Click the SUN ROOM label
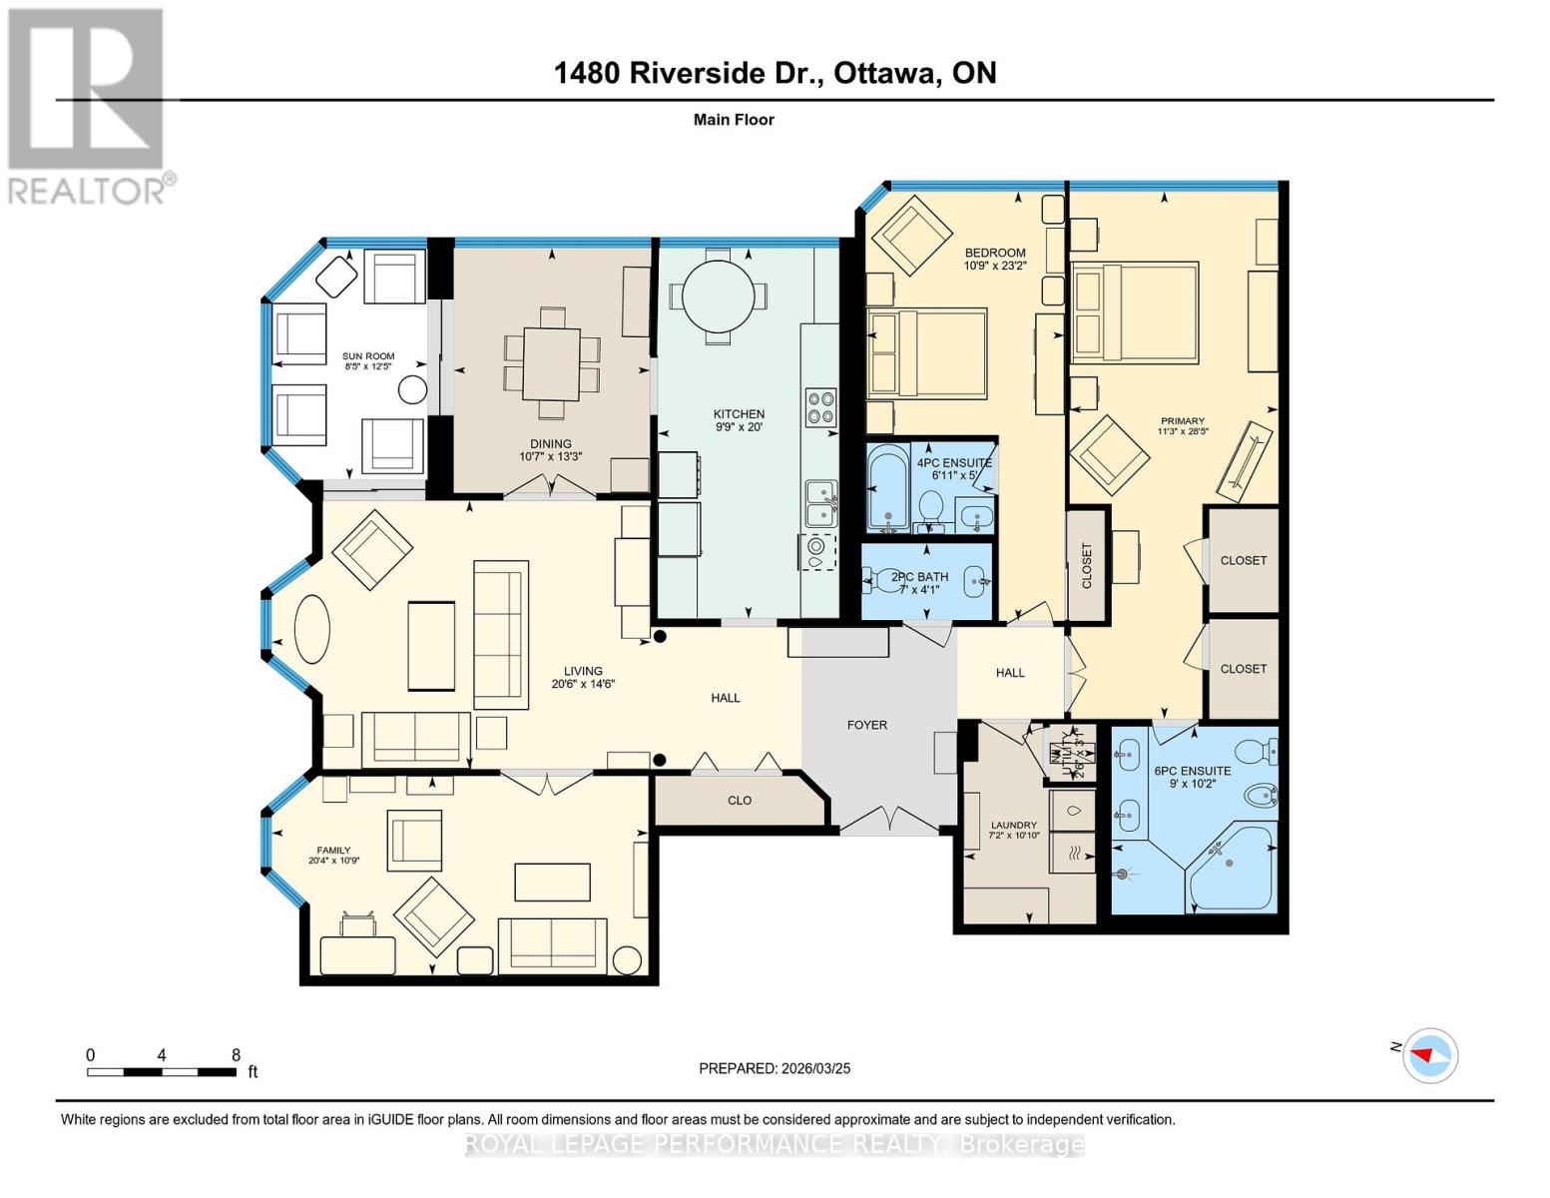pyautogui.click(x=368, y=356)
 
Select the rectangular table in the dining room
pyautogui.click(x=551, y=363)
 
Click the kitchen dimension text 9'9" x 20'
pyautogui.click(x=739, y=427)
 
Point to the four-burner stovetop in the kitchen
pyautogui.click(x=820, y=408)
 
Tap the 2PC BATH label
pyautogui.click(x=919, y=576)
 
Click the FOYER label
pyautogui.click(x=866, y=725)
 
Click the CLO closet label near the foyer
pyautogui.click(x=739, y=800)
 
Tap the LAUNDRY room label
pyautogui.click(x=1012, y=825)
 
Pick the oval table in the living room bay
pyautogui.click(x=311, y=628)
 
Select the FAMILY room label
pyautogui.click(x=333, y=851)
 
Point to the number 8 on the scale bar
pyautogui.click(x=236, y=1055)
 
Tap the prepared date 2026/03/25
pyautogui.click(x=813, y=1068)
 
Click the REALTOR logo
pyautogui.click(x=89, y=105)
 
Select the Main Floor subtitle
pyautogui.click(x=734, y=120)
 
